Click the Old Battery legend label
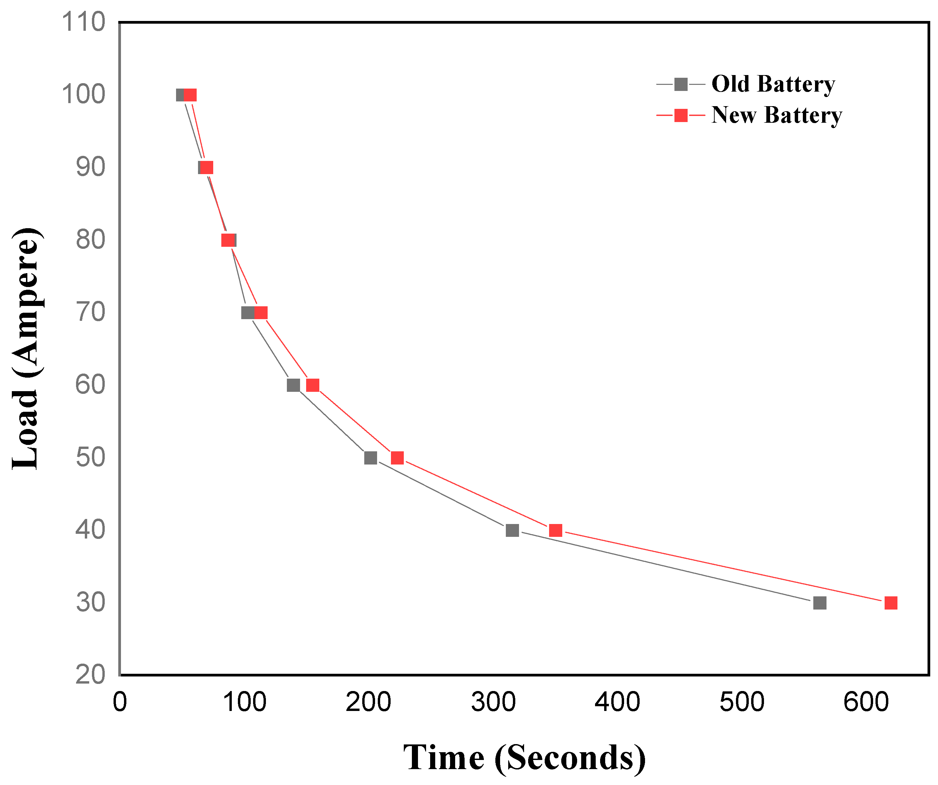point(773,84)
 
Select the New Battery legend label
point(776,115)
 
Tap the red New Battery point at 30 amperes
point(891,603)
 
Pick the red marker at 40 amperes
point(555,530)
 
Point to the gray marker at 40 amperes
point(512,530)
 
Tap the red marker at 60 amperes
point(313,385)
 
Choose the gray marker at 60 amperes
point(293,385)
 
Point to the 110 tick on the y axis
point(83,22)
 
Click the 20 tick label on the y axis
point(90,675)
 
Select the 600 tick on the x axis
point(866,703)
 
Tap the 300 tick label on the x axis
point(493,703)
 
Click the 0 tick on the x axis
point(120,703)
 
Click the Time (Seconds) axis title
point(524,758)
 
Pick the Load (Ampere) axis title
point(26,349)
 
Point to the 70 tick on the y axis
point(90,312)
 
